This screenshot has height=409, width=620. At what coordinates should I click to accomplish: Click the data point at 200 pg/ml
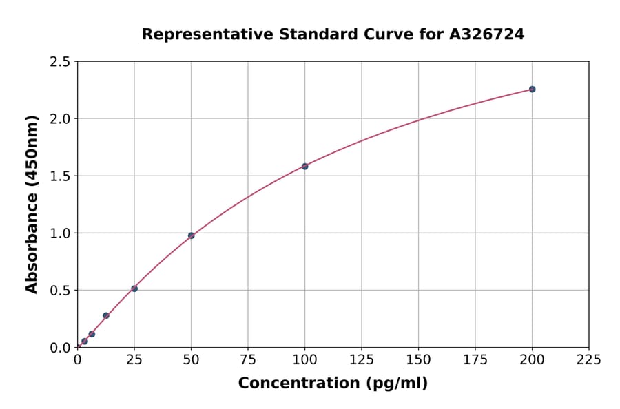[532, 90]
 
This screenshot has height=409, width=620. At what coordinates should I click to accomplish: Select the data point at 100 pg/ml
[304, 166]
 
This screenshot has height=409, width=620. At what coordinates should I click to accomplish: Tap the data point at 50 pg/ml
[191, 235]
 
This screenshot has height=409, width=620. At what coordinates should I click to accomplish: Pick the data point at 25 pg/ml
[134, 289]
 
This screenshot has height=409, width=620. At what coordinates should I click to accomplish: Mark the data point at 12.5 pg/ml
[106, 315]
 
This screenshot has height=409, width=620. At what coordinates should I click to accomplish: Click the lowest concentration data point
[85, 341]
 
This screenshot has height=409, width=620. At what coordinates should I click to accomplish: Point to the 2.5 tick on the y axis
[60, 62]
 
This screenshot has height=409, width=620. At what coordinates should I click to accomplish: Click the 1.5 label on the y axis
[60, 176]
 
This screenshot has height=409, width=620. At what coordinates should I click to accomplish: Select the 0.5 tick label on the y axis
[60, 291]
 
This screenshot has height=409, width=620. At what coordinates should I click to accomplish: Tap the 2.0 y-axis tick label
[60, 119]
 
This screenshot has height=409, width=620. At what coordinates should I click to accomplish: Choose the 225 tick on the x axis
[588, 359]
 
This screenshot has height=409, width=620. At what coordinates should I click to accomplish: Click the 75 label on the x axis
[248, 359]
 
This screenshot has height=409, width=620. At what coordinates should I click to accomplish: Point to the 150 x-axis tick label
[418, 359]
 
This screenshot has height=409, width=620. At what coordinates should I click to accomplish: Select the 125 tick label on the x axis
[362, 359]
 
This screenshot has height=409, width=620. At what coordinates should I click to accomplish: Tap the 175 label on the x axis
[475, 359]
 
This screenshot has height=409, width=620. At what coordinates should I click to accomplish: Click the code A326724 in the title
[487, 34]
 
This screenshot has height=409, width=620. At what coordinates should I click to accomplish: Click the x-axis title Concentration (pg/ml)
[333, 384]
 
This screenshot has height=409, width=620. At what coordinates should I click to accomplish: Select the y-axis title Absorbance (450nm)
[32, 204]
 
